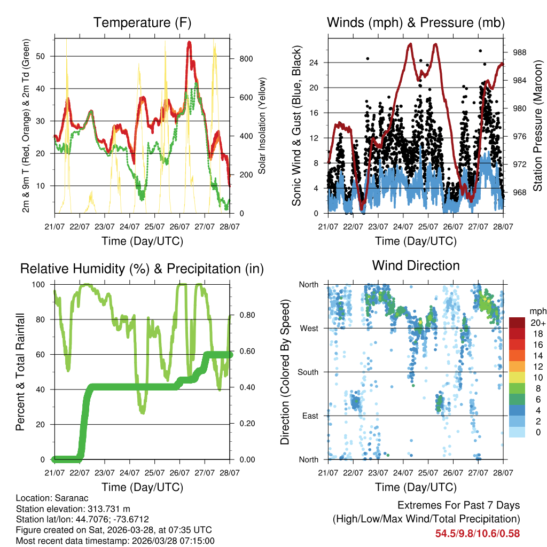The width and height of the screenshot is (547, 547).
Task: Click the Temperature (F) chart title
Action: pos(142,22)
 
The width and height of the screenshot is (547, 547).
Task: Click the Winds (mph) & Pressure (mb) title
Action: pos(416,22)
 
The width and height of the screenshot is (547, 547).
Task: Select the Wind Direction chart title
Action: pos(416,265)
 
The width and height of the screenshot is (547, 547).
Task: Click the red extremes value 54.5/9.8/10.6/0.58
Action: pos(477,533)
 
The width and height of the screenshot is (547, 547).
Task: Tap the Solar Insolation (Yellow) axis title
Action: pos(262,126)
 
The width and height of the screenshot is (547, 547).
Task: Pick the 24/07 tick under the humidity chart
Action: pos(130,473)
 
